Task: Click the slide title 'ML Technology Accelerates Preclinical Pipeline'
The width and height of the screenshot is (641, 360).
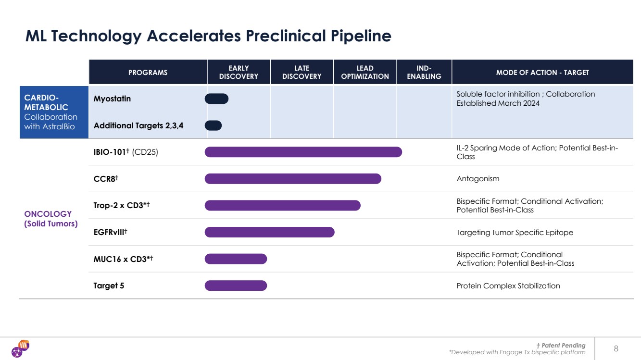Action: pos(208,36)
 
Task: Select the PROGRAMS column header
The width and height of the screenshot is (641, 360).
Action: pos(148,73)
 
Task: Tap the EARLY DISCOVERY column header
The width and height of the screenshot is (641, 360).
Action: pos(239,73)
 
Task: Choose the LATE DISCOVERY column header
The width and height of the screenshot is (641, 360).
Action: pos(302,73)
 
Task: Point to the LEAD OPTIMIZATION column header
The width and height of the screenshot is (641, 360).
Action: pos(365,73)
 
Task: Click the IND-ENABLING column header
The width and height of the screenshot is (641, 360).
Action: pos(424,73)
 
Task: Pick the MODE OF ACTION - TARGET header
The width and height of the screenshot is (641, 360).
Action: pos(542,73)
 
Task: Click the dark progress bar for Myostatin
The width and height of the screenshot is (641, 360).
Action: pos(216,99)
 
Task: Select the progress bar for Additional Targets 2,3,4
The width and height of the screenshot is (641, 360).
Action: pos(213,125)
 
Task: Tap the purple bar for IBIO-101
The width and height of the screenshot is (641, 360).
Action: pos(303,152)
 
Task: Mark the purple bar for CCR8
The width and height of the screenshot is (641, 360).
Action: pos(293,179)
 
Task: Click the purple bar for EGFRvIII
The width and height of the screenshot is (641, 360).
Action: pos(269,232)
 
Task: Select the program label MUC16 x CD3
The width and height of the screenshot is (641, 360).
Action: pos(123,259)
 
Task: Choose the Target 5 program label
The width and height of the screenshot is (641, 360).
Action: pos(109,286)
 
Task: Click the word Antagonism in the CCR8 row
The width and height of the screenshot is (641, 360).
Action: pos(478,179)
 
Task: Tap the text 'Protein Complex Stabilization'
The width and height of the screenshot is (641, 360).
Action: pos(508,286)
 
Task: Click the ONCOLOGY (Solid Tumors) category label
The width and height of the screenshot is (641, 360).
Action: pos(51,219)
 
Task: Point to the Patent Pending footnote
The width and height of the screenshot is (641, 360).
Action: pos(561,345)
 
